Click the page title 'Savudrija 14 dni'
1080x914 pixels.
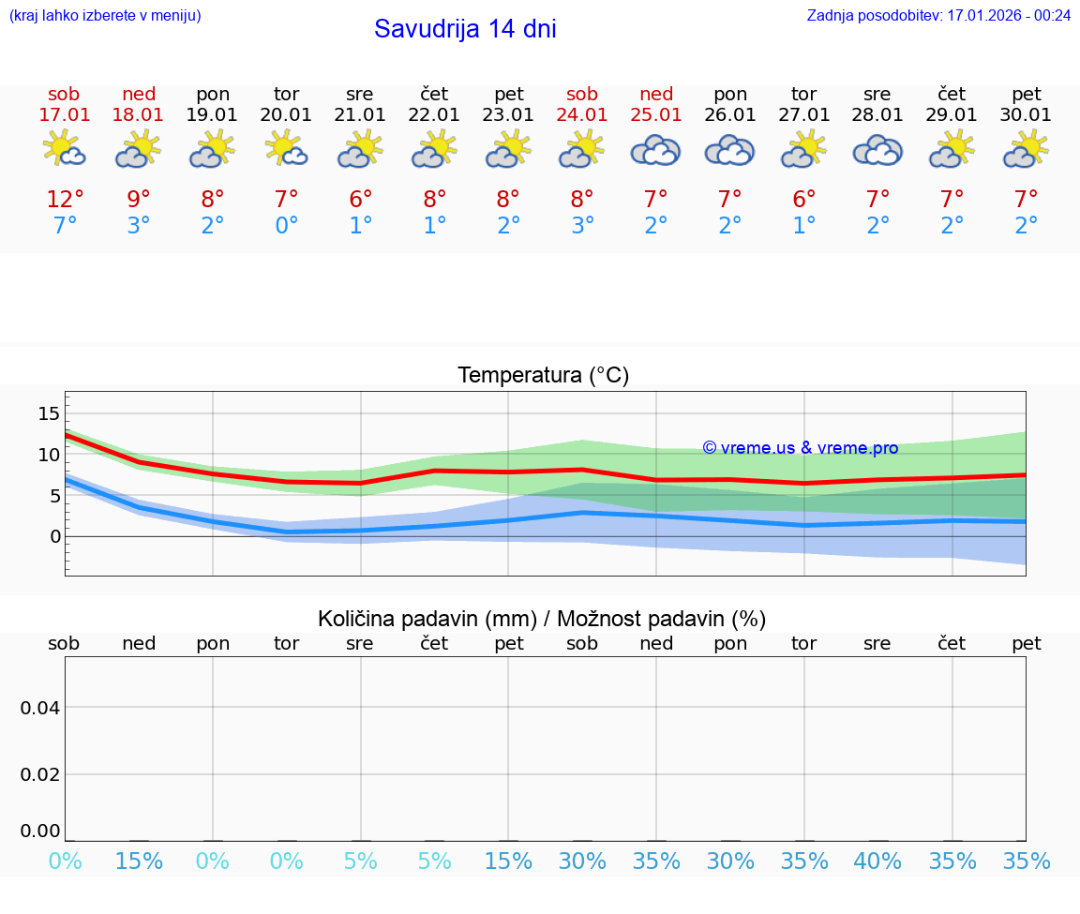click(465, 29)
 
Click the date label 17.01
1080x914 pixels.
click(64, 115)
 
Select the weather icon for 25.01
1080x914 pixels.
click(656, 150)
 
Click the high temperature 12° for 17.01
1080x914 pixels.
click(65, 200)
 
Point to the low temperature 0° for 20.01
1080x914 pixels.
click(286, 226)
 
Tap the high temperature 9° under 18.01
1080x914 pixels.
click(138, 200)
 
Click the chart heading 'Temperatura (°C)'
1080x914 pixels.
click(543, 376)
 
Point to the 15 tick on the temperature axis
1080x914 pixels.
click(49, 413)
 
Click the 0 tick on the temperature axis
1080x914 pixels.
click(54, 536)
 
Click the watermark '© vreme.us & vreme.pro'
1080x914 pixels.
click(800, 448)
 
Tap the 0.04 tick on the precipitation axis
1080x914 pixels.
click(40, 708)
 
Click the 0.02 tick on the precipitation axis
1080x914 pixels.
click(40, 774)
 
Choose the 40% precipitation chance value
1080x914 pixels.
click(877, 861)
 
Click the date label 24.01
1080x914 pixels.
click(582, 115)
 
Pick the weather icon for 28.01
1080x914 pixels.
click(877, 150)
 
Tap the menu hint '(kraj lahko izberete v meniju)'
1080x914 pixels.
click(105, 15)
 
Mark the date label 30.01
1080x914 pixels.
click(1027, 115)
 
